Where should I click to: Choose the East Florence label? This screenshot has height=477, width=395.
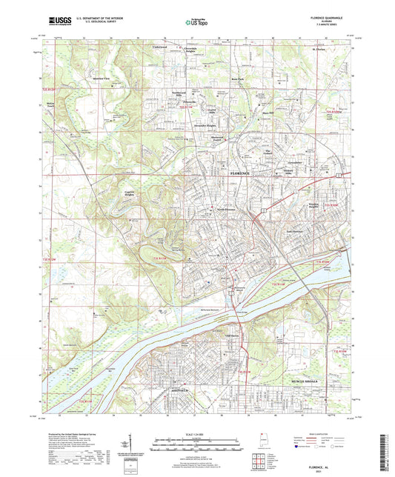click(x=297, y=230)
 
